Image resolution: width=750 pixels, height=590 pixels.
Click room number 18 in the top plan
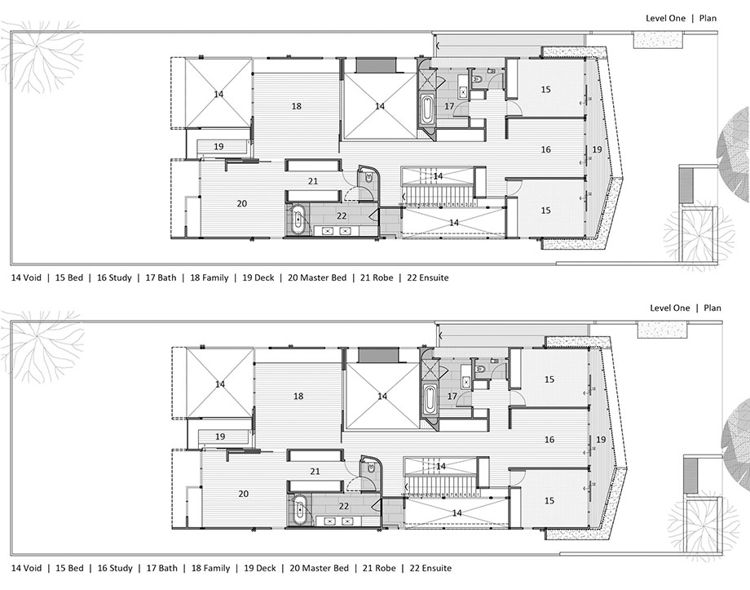click(x=297, y=106)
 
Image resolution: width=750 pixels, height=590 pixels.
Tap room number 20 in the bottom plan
click(x=244, y=493)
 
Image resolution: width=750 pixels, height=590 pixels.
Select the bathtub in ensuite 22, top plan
click(x=298, y=220)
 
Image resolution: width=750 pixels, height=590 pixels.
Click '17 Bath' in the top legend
click(x=161, y=277)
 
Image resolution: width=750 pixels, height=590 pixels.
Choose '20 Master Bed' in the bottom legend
click(x=319, y=568)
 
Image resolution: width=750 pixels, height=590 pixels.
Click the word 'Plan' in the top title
click(x=708, y=18)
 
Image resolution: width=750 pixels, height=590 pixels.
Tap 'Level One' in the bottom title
click(x=669, y=308)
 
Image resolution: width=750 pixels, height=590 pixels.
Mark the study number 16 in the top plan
click(x=545, y=149)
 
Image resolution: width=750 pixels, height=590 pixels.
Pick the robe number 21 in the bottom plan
click(x=315, y=471)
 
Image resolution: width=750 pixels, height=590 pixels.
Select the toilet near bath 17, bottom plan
click(x=481, y=369)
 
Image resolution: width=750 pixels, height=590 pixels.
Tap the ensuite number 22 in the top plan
click(x=342, y=216)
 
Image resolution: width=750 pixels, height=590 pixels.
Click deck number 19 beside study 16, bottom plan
click(x=602, y=439)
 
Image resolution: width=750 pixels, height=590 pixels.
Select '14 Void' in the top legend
click(x=26, y=277)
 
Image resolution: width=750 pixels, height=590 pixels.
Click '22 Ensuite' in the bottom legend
click(x=430, y=568)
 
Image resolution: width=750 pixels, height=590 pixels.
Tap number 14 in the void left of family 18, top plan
click(x=218, y=94)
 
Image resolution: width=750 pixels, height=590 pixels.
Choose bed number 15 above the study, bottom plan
click(x=549, y=379)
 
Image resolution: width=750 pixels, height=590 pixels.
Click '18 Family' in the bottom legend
click(x=210, y=568)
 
